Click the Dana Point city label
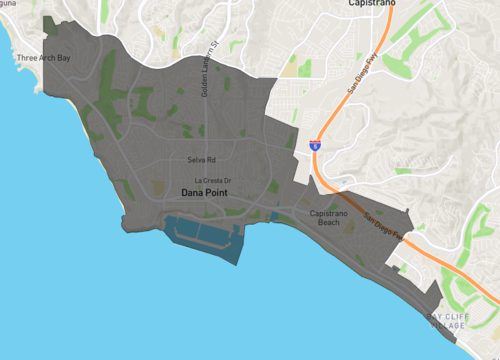click(x=207, y=193)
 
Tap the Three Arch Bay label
click(x=44, y=58)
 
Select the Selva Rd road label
click(x=202, y=159)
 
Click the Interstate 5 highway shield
click(x=315, y=145)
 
